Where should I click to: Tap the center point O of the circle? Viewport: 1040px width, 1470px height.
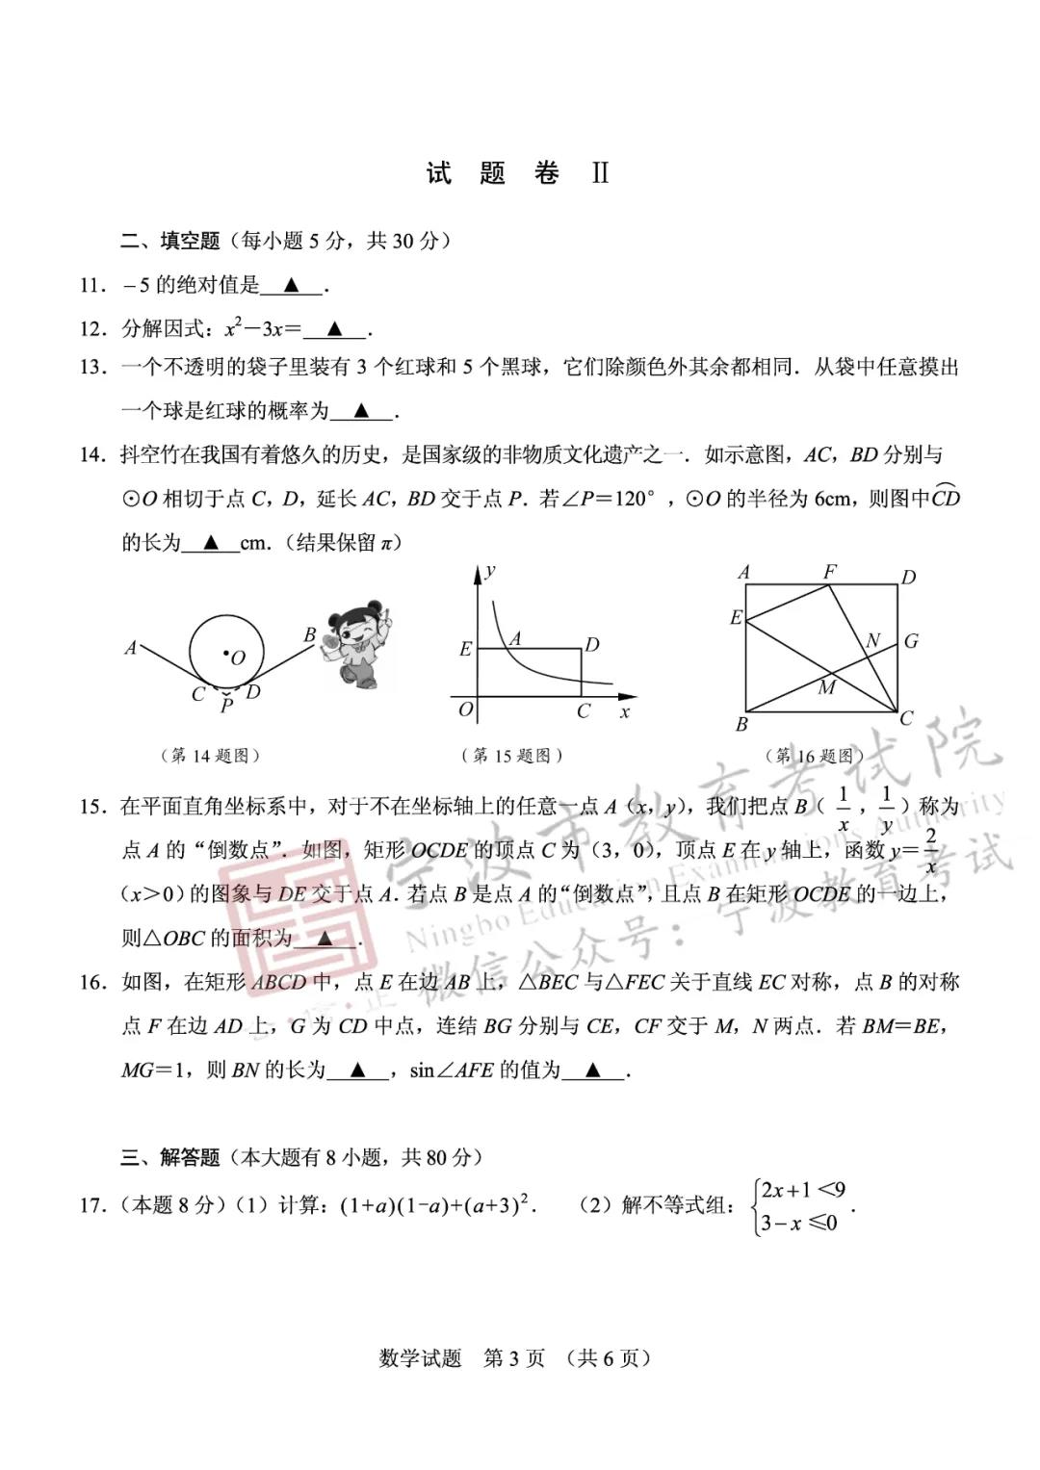227,655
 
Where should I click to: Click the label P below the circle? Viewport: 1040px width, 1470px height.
227,706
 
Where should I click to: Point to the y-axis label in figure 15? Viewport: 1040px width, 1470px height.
490,571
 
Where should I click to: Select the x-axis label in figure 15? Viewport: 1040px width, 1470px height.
625,712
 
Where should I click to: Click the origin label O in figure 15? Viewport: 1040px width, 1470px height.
466,709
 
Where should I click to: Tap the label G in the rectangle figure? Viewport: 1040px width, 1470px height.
911,641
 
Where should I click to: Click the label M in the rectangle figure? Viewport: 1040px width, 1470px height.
826,687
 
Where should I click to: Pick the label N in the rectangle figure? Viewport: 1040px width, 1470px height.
873,640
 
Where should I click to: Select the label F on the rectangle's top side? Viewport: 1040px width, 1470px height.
830,573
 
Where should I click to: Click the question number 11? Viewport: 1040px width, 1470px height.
92,285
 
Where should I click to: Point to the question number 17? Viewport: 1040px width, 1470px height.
92,1205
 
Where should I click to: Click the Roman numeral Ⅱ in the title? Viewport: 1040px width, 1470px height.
600,173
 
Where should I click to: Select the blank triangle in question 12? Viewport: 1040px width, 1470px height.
334,329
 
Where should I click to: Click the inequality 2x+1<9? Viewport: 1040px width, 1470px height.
804,1190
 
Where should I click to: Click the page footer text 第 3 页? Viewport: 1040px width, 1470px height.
513,1358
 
